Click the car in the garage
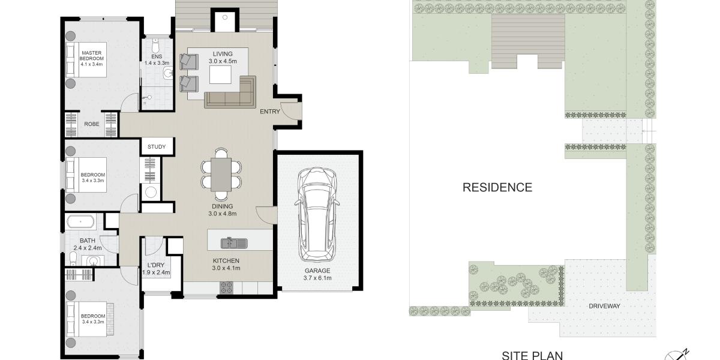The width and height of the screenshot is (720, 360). pyautogui.click(x=317, y=215)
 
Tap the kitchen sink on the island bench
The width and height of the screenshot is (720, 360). pyautogui.click(x=234, y=244)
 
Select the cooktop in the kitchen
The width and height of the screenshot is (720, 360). pyautogui.click(x=226, y=287)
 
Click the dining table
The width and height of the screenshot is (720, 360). pyautogui.click(x=221, y=175)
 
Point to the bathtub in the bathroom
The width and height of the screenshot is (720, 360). pyautogui.click(x=80, y=222)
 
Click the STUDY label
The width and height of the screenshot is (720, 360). pyautogui.click(x=157, y=147)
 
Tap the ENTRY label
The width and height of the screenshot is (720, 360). pyautogui.click(x=270, y=112)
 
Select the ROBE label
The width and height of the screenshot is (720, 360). pyautogui.click(x=92, y=124)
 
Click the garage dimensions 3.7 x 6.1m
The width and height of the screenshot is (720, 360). pyautogui.click(x=317, y=278)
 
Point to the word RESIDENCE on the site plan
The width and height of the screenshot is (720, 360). pyautogui.click(x=497, y=187)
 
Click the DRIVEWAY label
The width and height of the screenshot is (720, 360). pyautogui.click(x=604, y=307)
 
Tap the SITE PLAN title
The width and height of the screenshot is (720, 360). pyautogui.click(x=532, y=355)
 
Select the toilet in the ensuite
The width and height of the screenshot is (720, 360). pyautogui.click(x=155, y=46)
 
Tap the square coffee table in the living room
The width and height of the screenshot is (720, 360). pyautogui.click(x=220, y=74)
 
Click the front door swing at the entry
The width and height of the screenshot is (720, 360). pyautogui.click(x=290, y=111)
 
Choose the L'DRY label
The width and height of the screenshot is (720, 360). pyautogui.click(x=156, y=265)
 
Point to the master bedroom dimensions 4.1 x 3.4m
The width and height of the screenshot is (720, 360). pyautogui.click(x=92, y=64)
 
